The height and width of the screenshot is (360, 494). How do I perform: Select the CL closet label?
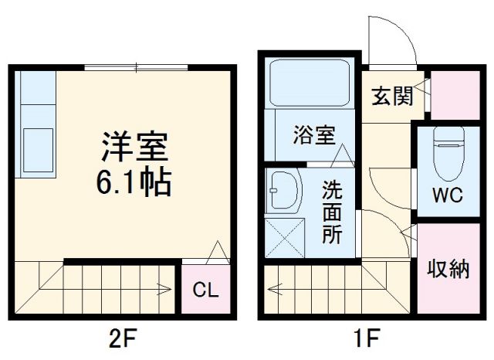coord(205,291)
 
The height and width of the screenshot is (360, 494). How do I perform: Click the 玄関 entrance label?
coord(391,97)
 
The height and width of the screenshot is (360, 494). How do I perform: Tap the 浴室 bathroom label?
coord(313,135)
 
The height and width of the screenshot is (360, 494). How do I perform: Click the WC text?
coord(447,194)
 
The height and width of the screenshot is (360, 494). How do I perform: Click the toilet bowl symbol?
coord(448,151)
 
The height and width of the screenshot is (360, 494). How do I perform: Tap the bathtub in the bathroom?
coord(310,83)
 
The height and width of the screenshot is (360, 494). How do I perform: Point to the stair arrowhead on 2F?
coord(167,291)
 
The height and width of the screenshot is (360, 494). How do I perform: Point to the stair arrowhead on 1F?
coord(272,291)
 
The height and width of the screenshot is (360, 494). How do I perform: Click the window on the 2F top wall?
coord(136,69)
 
